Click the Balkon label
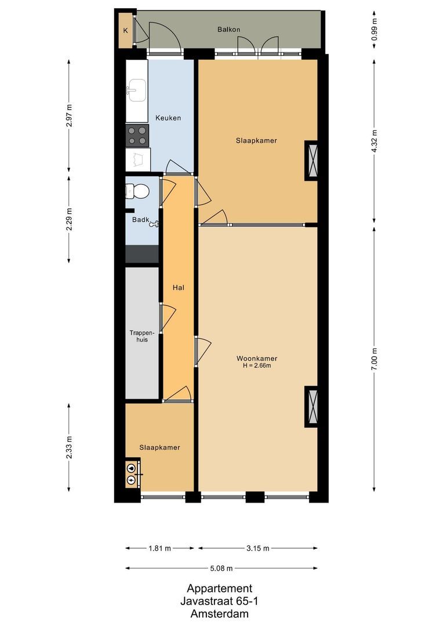point(228,29)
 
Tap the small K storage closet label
point(125,31)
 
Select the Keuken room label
point(168,118)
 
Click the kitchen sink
point(137,90)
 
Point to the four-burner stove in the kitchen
point(137,135)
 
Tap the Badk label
point(140,220)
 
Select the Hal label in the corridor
point(178,287)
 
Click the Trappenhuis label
point(142,336)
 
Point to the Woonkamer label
point(256,357)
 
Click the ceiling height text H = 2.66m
point(256,366)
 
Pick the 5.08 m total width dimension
point(221,568)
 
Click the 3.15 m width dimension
point(257,548)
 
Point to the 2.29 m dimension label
point(70,219)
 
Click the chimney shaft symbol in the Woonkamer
point(311,406)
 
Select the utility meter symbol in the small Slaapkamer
point(133,474)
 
